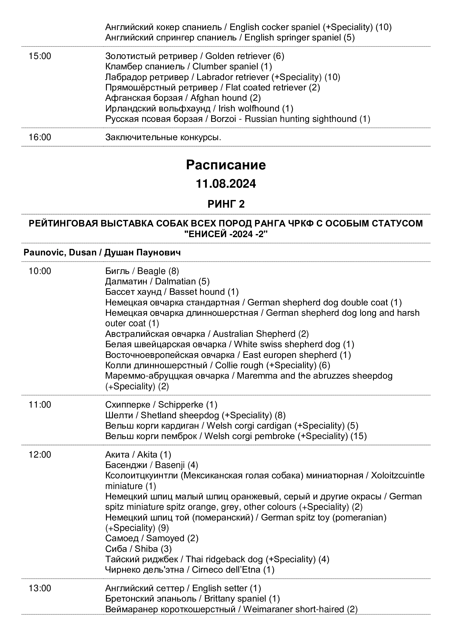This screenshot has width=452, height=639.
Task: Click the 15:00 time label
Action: click(40, 56)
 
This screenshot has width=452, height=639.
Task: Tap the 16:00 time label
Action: click(40, 137)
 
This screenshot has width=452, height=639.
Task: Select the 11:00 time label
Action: click(40, 405)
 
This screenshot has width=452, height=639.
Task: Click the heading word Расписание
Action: click(226, 165)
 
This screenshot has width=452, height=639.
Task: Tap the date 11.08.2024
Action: click(226, 184)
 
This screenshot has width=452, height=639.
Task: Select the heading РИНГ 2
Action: click(226, 204)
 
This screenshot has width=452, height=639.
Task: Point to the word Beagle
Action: click(151, 271)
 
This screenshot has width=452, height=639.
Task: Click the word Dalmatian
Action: click(175, 281)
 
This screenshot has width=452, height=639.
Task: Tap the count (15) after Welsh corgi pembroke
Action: click(359, 436)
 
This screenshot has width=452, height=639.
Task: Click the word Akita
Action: click(147, 455)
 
